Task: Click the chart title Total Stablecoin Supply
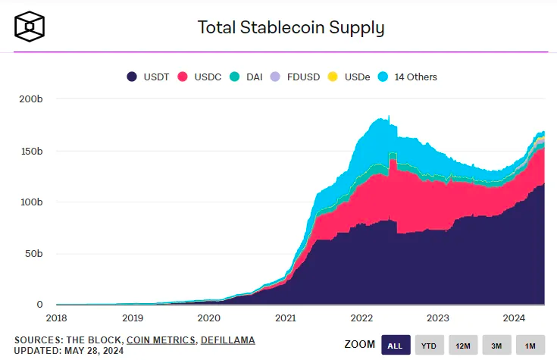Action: coord(291,28)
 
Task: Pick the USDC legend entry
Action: coord(200,77)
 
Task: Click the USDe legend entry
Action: coord(351,77)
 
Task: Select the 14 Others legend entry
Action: coord(408,77)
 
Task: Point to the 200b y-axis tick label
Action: coord(30,99)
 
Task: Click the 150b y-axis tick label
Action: coord(30,151)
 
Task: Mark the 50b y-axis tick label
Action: coord(32,253)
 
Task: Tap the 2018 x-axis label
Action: coord(56,318)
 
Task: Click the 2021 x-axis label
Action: coord(286,318)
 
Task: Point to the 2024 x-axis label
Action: coord(515,318)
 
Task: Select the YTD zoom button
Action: coord(429,345)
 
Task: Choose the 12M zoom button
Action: coord(463,345)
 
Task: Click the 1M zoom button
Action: coord(530,345)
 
